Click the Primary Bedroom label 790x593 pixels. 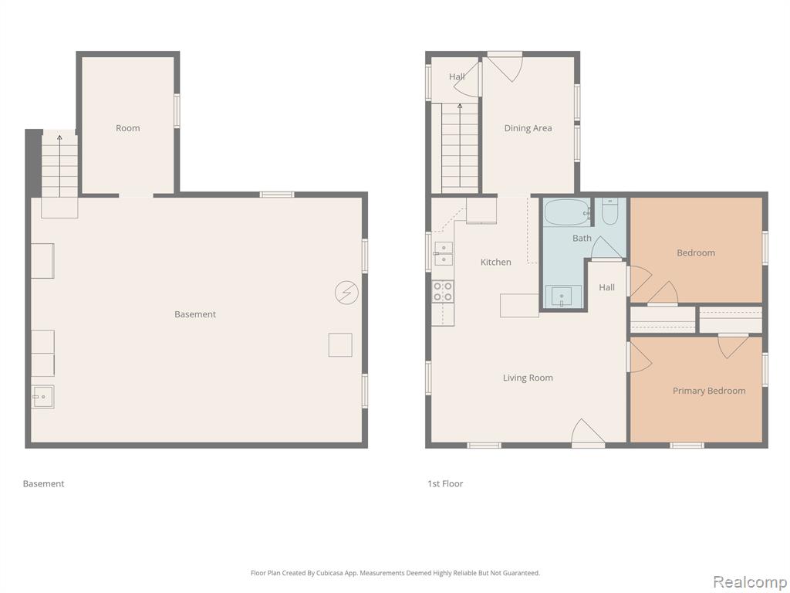click(709, 391)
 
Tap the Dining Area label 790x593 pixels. click(528, 128)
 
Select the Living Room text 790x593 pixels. click(528, 378)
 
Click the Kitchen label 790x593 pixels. click(496, 263)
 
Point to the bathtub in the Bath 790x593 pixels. click(567, 212)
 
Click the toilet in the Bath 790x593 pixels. click(609, 212)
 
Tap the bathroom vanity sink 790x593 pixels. click(562, 296)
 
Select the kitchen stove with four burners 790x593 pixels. click(443, 291)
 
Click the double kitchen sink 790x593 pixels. click(444, 253)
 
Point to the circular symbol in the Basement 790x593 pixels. click(346, 293)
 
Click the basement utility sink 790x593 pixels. click(43, 397)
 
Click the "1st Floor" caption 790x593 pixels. click(445, 483)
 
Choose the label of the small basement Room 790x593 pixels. click(128, 128)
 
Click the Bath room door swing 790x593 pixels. click(606, 248)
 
